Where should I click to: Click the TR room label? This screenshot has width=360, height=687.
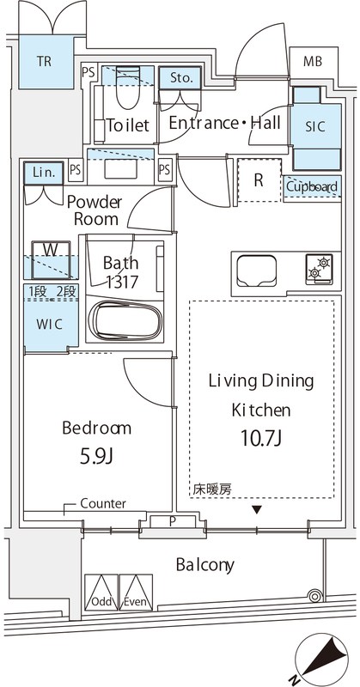(x=43, y=61)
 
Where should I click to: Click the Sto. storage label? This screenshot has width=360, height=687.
(x=180, y=78)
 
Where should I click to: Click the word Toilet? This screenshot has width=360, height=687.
(x=128, y=125)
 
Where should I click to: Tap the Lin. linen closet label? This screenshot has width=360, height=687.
(x=44, y=173)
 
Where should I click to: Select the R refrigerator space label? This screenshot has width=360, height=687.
(x=258, y=179)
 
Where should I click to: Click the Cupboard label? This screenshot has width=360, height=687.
(x=312, y=186)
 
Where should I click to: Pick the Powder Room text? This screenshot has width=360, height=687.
(x=95, y=210)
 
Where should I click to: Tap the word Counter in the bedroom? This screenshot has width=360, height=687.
(x=103, y=503)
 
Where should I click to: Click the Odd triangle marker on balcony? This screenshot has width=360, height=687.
(x=101, y=593)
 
